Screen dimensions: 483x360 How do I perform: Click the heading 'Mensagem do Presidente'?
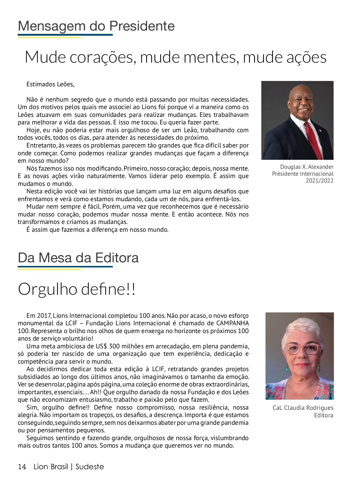point(96,26)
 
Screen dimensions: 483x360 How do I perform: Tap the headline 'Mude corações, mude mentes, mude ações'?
point(175,57)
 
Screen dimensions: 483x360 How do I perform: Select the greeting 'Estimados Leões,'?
point(50,84)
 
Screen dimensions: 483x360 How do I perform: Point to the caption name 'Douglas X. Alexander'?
point(307,167)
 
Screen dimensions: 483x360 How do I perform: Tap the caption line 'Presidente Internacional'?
point(303,174)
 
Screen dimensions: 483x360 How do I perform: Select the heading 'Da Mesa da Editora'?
point(78,258)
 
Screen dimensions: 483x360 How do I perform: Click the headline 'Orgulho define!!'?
point(77,289)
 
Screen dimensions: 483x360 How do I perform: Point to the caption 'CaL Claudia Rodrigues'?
point(303,408)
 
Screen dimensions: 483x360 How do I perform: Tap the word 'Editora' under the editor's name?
point(324,415)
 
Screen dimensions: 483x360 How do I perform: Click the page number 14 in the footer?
point(22,467)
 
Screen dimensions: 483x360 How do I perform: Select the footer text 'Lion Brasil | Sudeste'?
point(69,467)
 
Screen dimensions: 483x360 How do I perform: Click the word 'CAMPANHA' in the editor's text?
point(232,323)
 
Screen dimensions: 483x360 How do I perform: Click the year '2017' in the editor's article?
point(44,316)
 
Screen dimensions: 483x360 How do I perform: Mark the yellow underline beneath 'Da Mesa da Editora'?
point(49,269)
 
